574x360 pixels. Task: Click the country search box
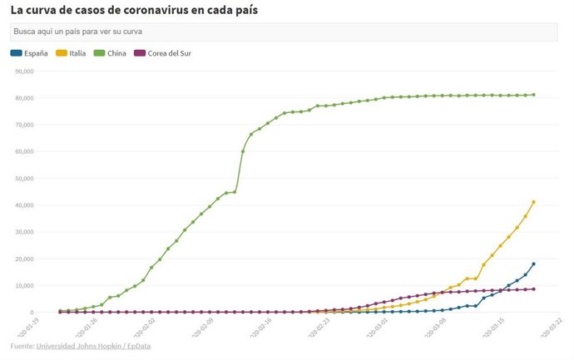pos(283,32)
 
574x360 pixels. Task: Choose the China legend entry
pos(116,53)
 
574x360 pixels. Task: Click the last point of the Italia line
pos(533,202)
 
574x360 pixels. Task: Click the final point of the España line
pos(533,264)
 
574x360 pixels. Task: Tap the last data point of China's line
pos(533,95)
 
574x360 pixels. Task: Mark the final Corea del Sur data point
pos(533,289)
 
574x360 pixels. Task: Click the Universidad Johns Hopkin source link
pos(75,346)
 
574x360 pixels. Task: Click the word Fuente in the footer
pos(22,346)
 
